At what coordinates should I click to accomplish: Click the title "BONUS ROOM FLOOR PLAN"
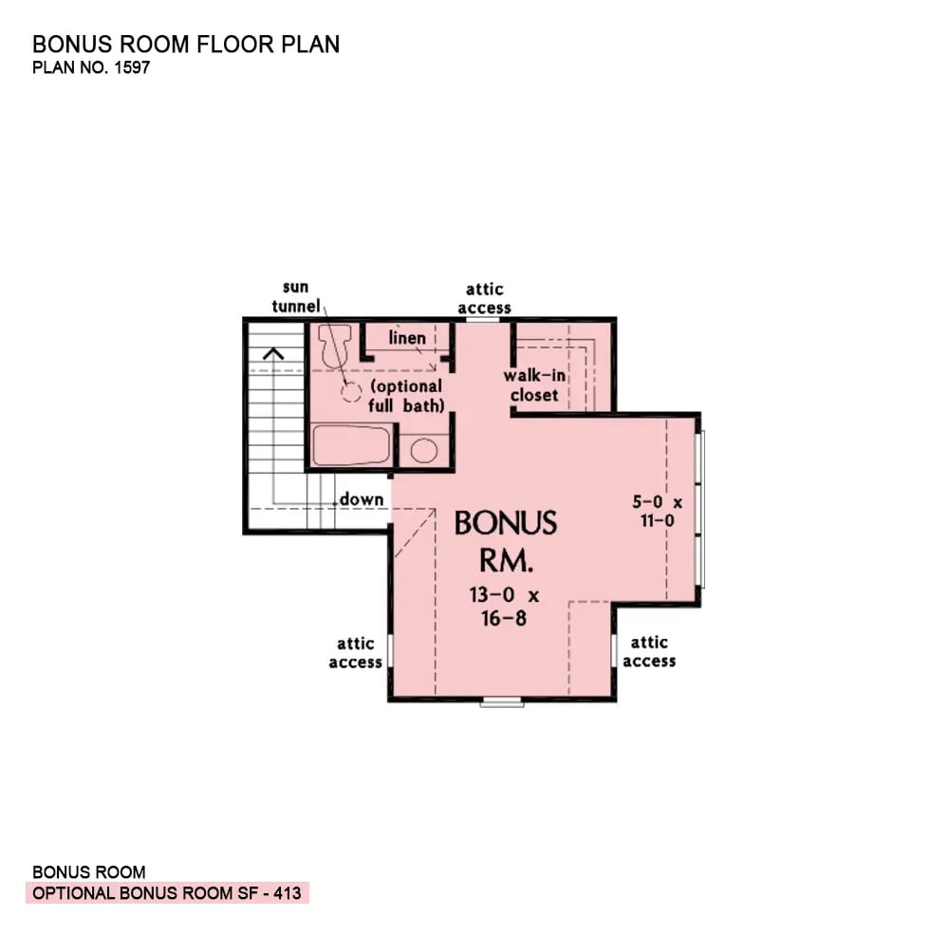click(x=186, y=45)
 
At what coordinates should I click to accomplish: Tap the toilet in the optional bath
click(x=335, y=348)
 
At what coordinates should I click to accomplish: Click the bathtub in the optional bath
click(x=351, y=445)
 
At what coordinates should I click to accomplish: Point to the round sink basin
click(x=423, y=450)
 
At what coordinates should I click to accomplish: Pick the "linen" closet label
click(x=407, y=338)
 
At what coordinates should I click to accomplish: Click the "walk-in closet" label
click(x=534, y=385)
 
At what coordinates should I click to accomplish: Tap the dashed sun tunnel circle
click(x=351, y=391)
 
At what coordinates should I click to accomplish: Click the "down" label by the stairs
click(x=362, y=499)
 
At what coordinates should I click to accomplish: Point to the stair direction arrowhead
click(x=274, y=354)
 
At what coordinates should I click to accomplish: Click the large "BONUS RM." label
click(x=506, y=541)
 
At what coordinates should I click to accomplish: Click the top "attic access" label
click(x=484, y=298)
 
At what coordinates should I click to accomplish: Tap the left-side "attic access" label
click(x=356, y=653)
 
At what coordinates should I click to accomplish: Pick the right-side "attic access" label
click(x=649, y=651)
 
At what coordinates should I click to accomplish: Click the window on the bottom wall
click(x=502, y=702)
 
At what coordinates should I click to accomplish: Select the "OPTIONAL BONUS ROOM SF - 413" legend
click(x=168, y=893)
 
